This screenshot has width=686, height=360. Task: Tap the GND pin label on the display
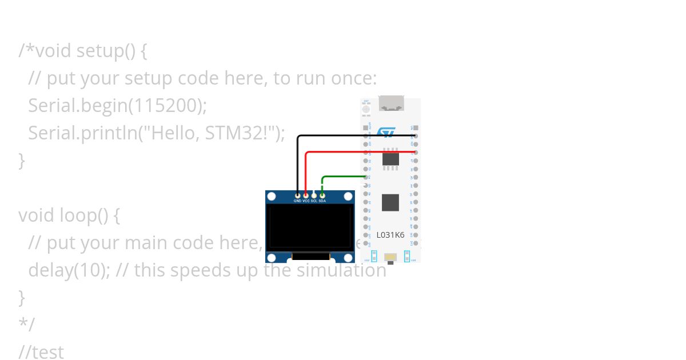297,201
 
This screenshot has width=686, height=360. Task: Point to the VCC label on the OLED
306,201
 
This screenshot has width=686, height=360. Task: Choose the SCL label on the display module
314,201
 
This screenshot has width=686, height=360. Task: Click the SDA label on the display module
322,201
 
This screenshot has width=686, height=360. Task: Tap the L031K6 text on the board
390,235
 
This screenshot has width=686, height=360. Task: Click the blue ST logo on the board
388,133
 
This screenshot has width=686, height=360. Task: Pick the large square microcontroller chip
390,202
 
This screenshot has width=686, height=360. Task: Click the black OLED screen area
309,227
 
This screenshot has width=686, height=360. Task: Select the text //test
41,352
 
